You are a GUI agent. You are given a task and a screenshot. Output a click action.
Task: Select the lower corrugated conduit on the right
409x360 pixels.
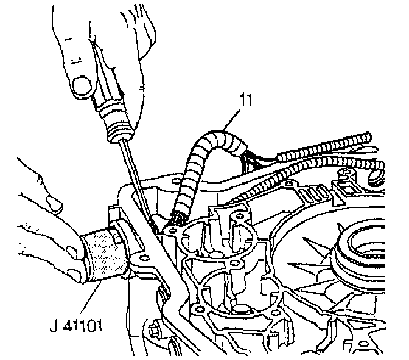329,170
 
